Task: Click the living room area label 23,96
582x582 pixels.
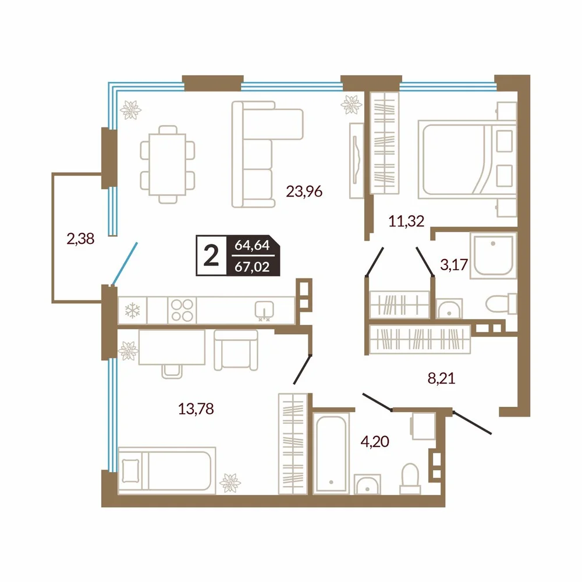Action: (304, 191)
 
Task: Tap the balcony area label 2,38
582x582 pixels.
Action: (80, 239)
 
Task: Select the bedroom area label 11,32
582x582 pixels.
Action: (406, 221)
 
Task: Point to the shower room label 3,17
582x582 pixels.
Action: (453, 265)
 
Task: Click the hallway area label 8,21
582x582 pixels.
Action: (441, 379)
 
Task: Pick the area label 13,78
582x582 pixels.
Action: (196, 409)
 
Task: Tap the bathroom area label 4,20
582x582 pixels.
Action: (375, 441)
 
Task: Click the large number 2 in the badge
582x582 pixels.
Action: (211, 256)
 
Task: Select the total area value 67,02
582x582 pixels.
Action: (253, 267)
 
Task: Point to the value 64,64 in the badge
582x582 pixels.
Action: (253, 246)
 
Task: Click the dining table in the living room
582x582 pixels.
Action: (168, 165)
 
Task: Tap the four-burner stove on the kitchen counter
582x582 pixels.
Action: (182, 310)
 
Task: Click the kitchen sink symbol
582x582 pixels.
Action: (264, 310)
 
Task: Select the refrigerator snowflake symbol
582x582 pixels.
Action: (132, 311)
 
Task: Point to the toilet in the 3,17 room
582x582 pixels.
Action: (501, 303)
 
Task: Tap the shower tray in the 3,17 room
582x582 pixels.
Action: (494, 255)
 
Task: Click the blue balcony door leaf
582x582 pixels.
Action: (125, 264)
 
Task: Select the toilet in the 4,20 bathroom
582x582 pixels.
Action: (410, 478)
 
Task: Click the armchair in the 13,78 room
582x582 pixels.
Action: (236, 350)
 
